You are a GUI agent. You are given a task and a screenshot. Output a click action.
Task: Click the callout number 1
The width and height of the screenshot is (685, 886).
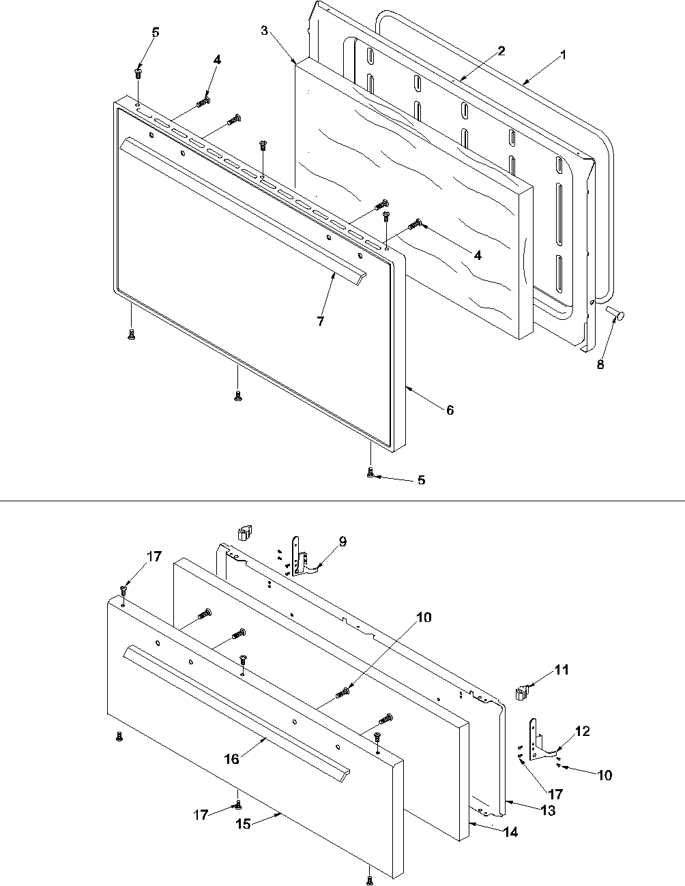click(563, 56)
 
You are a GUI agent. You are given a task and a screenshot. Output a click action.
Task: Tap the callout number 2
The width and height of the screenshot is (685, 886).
click(501, 51)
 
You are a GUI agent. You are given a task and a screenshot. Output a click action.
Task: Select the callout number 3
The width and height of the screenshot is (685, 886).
click(264, 31)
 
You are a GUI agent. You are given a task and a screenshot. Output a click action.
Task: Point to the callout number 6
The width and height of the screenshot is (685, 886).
click(450, 410)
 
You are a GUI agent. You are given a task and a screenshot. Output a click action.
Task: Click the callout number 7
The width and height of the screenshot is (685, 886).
click(321, 321)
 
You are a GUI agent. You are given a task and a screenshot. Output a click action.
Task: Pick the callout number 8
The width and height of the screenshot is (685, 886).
click(600, 364)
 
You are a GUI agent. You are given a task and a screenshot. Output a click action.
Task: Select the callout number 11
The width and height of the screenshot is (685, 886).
click(561, 670)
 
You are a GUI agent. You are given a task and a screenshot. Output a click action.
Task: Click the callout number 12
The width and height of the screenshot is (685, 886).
click(582, 731)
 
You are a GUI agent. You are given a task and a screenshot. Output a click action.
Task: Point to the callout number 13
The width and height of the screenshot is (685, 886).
click(549, 811)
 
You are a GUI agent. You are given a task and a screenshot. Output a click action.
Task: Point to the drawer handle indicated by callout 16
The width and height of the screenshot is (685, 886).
click(232, 706)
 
